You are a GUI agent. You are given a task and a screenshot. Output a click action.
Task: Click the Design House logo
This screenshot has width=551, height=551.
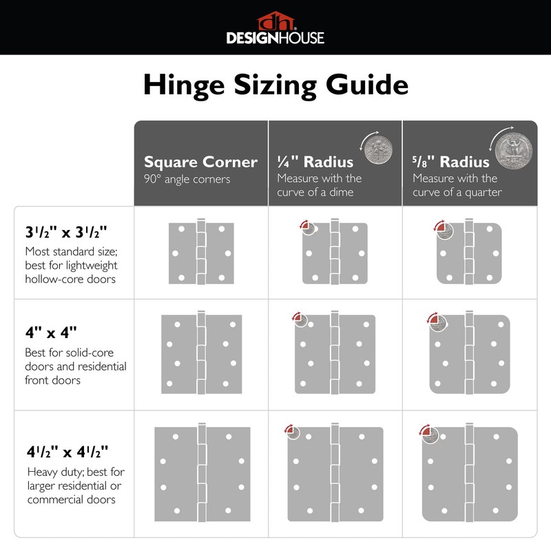tap(275, 28)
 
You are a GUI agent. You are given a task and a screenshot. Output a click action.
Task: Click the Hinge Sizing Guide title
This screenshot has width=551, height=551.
tap(275, 85)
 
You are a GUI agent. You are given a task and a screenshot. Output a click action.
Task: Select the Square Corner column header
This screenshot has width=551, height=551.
tap(200, 163)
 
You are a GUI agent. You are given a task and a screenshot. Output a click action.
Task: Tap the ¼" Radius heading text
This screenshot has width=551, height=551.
tap(315, 162)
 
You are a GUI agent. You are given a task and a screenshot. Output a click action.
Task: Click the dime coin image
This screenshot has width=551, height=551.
tap(376, 147)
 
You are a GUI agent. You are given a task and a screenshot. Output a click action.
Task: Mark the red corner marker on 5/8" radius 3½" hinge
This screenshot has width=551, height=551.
tap(439, 227)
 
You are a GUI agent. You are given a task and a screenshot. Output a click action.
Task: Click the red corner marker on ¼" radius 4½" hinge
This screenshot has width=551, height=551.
tap(289, 431)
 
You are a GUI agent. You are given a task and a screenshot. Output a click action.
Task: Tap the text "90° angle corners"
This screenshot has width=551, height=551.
tap(187, 179)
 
